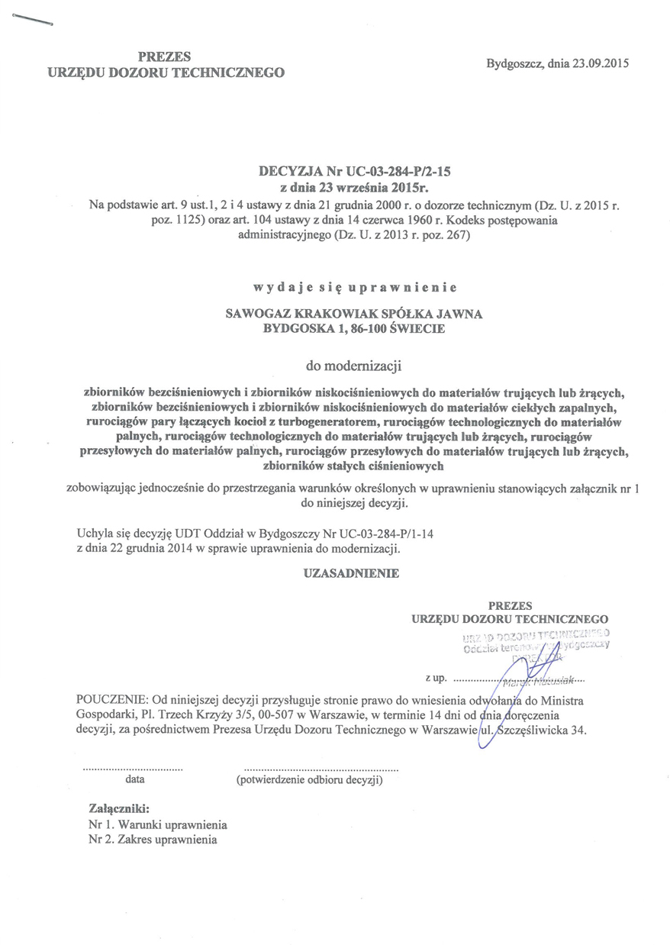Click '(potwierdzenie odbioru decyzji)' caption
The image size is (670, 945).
tap(310, 780)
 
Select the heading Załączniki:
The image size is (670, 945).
tap(119, 808)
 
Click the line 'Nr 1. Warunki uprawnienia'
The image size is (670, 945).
tap(158, 825)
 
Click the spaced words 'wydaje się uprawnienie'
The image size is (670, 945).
tap(355, 289)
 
